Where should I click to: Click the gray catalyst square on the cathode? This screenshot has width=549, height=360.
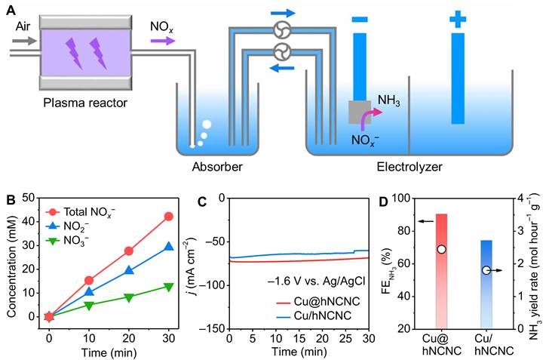358,113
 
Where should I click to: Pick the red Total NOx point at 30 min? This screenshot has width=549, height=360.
168,217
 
